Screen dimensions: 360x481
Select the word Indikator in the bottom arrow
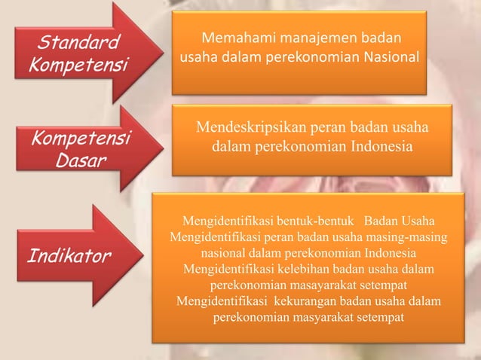69,256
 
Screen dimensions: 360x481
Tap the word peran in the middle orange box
337,129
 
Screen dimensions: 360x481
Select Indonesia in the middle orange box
376,147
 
